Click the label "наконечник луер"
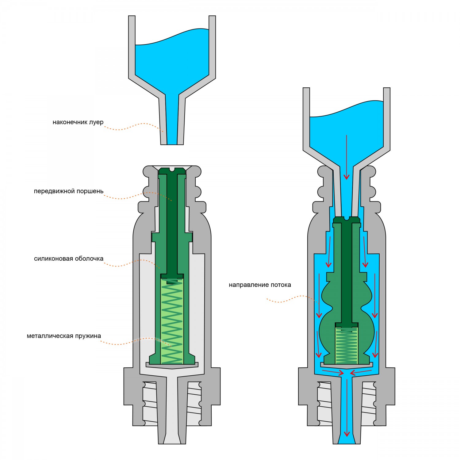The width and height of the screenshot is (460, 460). coord(78,122)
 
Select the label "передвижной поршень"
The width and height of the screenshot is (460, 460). coord(69,191)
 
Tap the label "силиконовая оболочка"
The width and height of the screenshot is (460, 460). coord(69,259)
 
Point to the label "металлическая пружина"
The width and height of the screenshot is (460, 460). coord(64,336)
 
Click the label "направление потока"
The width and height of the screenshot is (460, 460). coord(260,285)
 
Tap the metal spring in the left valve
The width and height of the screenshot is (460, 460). coord(172,322)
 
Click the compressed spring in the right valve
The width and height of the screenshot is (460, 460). coord(347,345)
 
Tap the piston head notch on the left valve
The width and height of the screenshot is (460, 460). coord(172,169)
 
